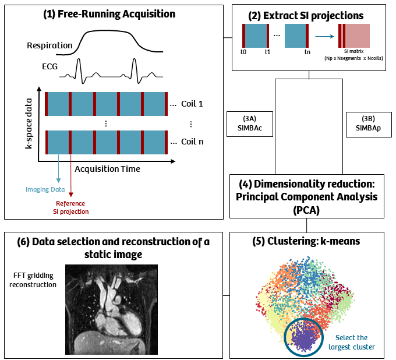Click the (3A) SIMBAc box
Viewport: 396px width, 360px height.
click(x=249, y=123)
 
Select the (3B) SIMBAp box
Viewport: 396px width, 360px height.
click(x=369, y=123)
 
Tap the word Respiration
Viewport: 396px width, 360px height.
click(x=49, y=45)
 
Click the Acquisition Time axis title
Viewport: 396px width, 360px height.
click(x=107, y=169)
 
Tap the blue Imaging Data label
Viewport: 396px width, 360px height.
click(x=46, y=189)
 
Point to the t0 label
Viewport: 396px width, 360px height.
click(x=243, y=51)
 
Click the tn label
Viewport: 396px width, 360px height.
click(x=307, y=51)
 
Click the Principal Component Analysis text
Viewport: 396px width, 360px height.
click(x=306, y=196)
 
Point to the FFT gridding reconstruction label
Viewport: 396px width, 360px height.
click(x=34, y=280)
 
